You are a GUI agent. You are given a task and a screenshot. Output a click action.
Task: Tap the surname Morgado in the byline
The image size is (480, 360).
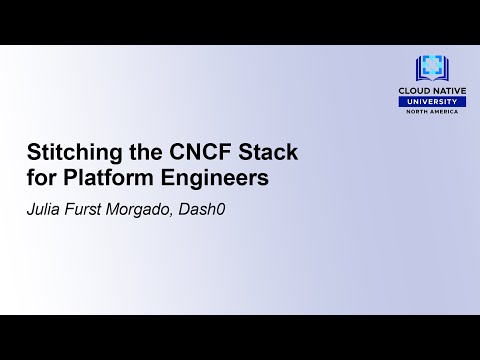tap(144, 211)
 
